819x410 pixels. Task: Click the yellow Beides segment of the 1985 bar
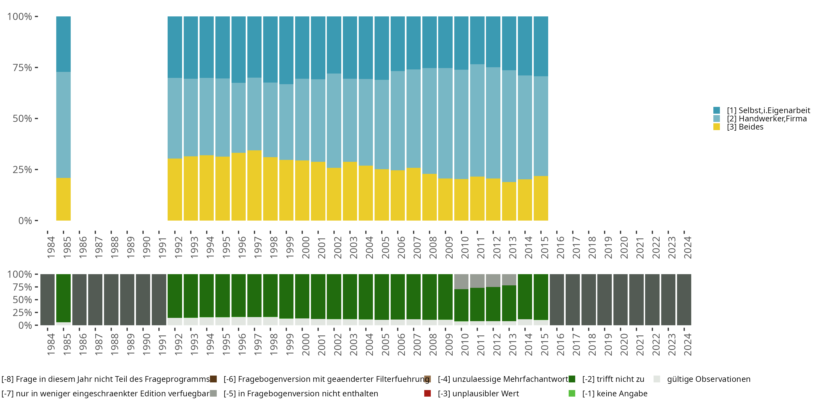(63, 199)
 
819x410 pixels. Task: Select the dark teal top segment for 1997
(254, 47)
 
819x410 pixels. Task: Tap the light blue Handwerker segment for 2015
(541, 126)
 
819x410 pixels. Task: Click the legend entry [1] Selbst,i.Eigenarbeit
(768, 110)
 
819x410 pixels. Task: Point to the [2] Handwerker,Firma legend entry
(767, 119)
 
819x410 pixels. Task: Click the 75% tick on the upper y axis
(22, 68)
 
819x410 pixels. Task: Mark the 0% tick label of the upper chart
(25, 221)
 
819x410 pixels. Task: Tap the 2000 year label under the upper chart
(305, 247)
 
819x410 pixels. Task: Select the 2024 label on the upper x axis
(687, 247)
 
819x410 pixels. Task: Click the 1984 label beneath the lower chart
(51, 344)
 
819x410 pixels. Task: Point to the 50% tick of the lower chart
(22, 300)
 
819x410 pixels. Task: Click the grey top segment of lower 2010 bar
(461, 282)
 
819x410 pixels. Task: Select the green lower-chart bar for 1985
(63, 298)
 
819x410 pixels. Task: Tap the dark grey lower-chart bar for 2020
(620, 300)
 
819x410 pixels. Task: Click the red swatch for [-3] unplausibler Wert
(427, 393)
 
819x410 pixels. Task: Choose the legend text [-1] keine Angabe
(615, 393)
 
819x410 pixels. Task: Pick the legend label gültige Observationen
(708, 379)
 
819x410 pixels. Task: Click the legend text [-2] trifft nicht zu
(613, 379)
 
